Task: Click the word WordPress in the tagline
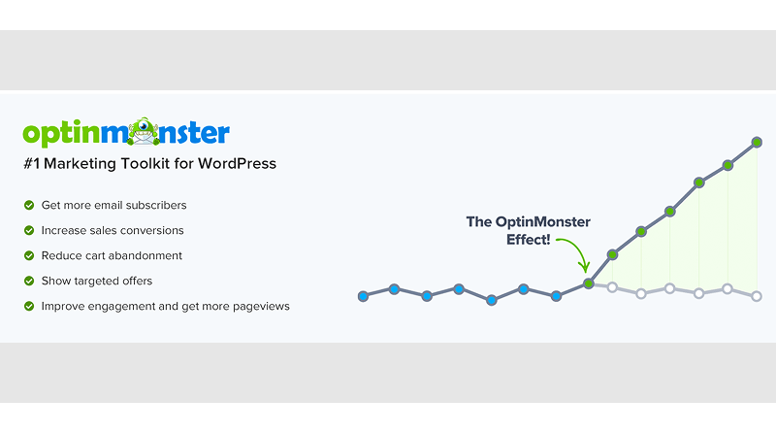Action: [237, 163]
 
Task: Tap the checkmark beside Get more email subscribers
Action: [28, 206]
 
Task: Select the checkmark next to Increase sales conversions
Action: [28, 231]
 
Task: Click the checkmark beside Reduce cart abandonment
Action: [28, 256]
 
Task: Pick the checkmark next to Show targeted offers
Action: [28, 282]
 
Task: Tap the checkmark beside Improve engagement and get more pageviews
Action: [28, 307]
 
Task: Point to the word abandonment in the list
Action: [146, 256]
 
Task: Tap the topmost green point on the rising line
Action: [757, 143]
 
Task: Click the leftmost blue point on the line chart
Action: [363, 295]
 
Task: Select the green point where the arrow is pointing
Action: [589, 283]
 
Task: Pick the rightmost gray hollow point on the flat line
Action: [757, 296]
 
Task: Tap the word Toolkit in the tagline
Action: [142, 163]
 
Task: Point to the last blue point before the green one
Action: [556, 296]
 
